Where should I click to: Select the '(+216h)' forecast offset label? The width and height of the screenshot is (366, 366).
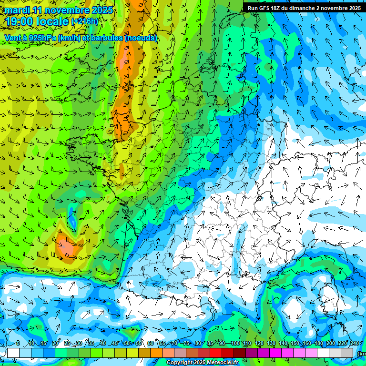click(x=84, y=21)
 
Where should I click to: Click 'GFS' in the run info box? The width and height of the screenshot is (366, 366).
click(x=264, y=8)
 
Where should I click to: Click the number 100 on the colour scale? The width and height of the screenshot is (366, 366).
click(x=235, y=344)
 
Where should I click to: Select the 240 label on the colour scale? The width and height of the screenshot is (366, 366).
click(x=355, y=344)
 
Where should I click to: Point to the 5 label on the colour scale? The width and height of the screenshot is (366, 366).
click(x=18, y=344)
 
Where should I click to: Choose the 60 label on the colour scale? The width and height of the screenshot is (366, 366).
click(x=151, y=344)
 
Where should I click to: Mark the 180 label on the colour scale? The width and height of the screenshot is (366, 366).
click(x=319, y=344)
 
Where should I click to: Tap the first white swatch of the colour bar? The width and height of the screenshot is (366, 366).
click(x=13, y=353)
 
